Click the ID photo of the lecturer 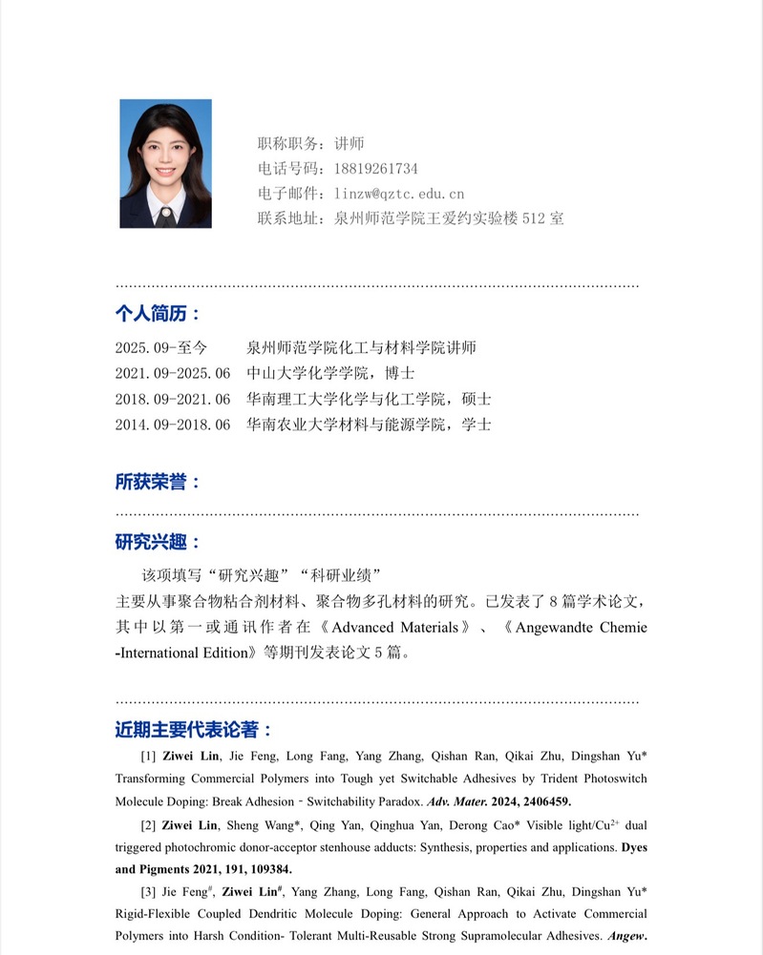click(165, 164)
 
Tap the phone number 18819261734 click(375, 169)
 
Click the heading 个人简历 click(158, 314)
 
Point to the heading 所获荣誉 click(158, 482)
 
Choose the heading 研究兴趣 click(158, 543)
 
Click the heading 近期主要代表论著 click(193, 731)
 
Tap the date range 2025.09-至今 click(161, 347)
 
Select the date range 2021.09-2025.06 click(173, 373)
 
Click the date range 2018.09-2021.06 click(173, 399)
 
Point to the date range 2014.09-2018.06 click(173, 425)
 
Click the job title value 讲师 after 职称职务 click(350, 144)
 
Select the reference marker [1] click(148, 756)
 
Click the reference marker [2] click(148, 824)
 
